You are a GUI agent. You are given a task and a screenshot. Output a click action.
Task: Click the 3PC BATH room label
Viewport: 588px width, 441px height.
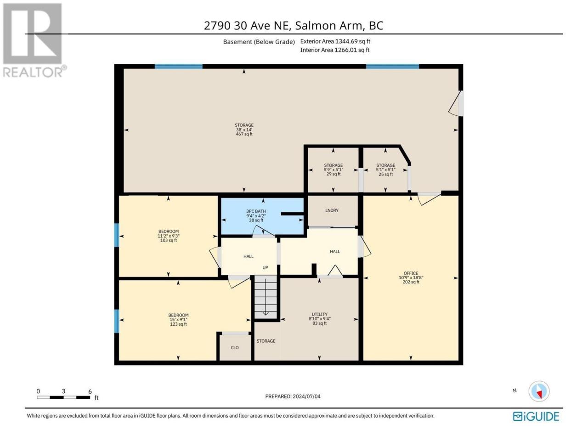[x=256, y=211]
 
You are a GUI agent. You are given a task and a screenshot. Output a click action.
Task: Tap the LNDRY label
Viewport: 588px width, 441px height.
[x=332, y=210]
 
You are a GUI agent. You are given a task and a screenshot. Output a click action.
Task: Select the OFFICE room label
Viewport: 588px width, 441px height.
[x=411, y=273]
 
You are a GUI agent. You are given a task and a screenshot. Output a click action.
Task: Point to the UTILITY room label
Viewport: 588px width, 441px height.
[x=319, y=314]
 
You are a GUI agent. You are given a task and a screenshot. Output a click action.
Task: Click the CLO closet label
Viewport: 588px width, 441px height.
[x=234, y=348]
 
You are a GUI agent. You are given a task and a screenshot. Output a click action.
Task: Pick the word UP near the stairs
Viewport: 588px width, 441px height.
[x=265, y=267]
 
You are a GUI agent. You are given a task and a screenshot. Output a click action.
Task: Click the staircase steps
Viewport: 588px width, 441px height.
[x=265, y=297]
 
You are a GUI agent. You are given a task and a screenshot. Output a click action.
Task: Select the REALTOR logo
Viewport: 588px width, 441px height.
[x=34, y=40]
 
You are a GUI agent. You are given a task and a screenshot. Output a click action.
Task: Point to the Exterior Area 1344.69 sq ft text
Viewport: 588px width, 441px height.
[x=335, y=41]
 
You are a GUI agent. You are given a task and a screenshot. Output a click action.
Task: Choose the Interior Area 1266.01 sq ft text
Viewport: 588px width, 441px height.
[x=334, y=50]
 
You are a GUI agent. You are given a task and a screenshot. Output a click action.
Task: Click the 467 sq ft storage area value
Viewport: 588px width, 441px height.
[x=244, y=134]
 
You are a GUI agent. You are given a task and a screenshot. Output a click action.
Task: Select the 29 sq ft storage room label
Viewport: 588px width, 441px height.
[x=333, y=174]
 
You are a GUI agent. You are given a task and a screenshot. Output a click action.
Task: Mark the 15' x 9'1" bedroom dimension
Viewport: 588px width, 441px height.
[x=178, y=320]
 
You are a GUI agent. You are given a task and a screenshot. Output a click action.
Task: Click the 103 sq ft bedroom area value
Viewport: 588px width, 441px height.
[x=168, y=240]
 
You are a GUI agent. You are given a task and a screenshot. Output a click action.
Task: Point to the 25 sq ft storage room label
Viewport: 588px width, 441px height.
[x=385, y=174]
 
